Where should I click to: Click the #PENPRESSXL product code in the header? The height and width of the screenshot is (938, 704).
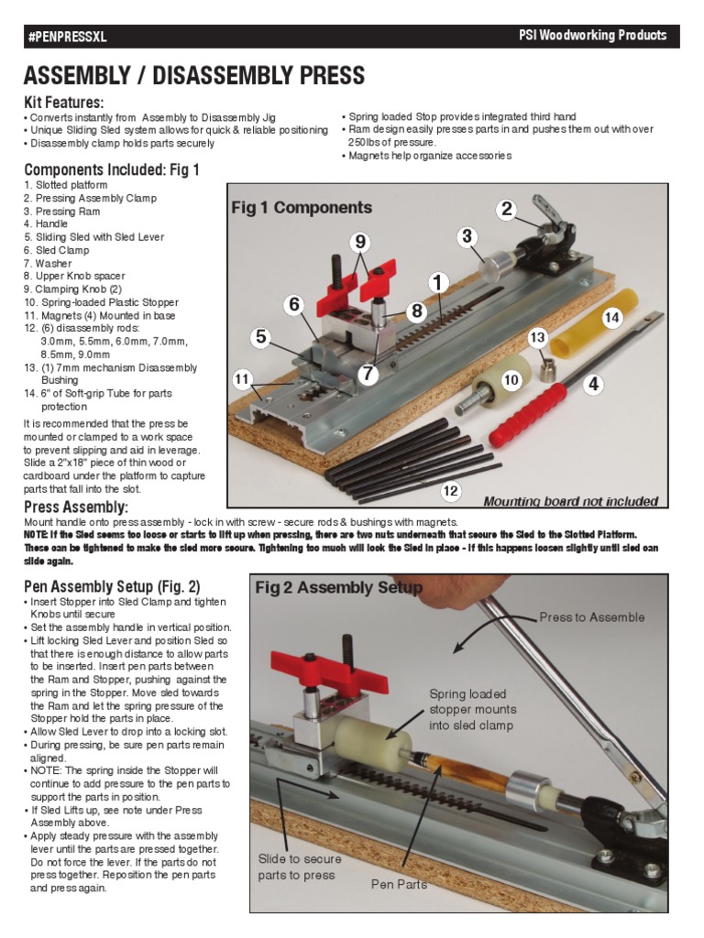(x=66, y=38)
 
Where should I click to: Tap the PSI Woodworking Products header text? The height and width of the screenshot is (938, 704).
(x=592, y=36)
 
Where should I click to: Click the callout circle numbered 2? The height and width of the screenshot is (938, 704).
(x=506, y=210)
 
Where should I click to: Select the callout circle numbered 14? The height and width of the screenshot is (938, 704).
(x=612, y=318)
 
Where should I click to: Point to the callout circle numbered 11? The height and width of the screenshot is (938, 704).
(x=242, y=378)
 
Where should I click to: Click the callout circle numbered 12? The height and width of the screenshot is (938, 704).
(x=450, y=491)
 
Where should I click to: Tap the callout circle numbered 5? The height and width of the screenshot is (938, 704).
(x=261, y=338)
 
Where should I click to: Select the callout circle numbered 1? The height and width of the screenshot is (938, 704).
(x=438, y=283)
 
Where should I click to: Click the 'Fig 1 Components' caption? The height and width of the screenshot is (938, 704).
(x=302, y=208)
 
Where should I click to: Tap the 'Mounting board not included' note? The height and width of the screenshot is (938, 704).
(x=570, y=501)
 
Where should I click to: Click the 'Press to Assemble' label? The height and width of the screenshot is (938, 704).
(x=591, y=617)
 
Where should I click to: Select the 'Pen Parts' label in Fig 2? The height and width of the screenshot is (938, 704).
(x=399, y=884)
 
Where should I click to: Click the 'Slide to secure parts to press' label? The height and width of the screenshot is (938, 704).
(x=299, y=867)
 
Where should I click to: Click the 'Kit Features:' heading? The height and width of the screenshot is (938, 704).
(x=63, y=102)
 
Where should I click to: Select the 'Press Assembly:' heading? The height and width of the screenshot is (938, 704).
(x=75, y=507)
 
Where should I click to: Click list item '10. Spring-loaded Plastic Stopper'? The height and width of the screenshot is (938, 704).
(x=101, y=302)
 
